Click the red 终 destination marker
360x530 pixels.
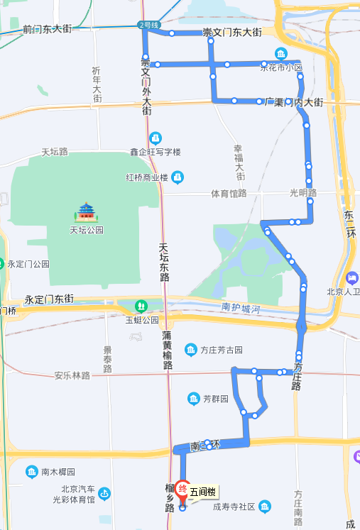(182, 488)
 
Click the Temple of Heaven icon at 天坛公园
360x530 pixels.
(87, 211)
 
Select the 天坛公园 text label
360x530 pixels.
(87, 230)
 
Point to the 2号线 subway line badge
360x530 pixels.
(149, 25)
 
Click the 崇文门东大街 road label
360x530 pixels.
(232, 33)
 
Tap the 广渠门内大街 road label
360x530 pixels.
(293, 103)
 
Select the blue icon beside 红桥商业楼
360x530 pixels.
(178, 177)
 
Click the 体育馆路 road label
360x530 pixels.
(229, 194)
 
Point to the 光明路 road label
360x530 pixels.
(302, 193)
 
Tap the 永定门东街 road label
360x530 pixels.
(49, 299)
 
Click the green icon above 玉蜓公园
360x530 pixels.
(141, 307)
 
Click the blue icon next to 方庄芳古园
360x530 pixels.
(191, 349)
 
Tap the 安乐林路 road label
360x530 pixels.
(72, 375)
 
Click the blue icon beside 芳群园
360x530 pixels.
(194, 399)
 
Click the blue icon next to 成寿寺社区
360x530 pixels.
(265, 507)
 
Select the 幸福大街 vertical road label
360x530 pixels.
(240, 162)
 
